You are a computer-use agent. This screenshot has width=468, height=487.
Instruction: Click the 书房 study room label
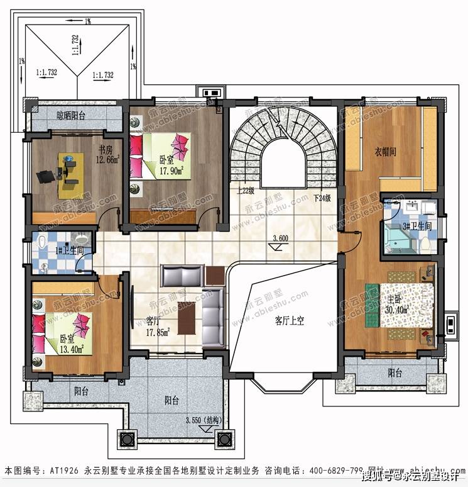coord(104,150)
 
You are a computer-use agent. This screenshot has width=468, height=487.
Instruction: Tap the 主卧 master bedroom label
coord(396,300)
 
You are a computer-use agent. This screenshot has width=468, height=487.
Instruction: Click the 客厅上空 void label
coord(289,320)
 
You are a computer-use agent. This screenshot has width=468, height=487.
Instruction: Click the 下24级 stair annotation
coord(321,198)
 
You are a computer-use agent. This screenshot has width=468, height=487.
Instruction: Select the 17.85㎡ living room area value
coord(158,332)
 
